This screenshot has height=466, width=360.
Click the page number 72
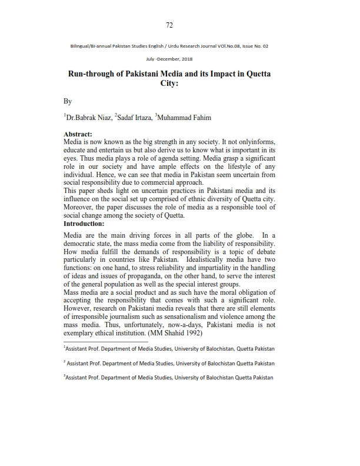[x=169, y=25]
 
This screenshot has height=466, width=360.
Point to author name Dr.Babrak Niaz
[x=88, y=118]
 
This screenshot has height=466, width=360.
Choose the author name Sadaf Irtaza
[x=133, y=118]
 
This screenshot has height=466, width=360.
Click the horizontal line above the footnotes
[x=106, y=341]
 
